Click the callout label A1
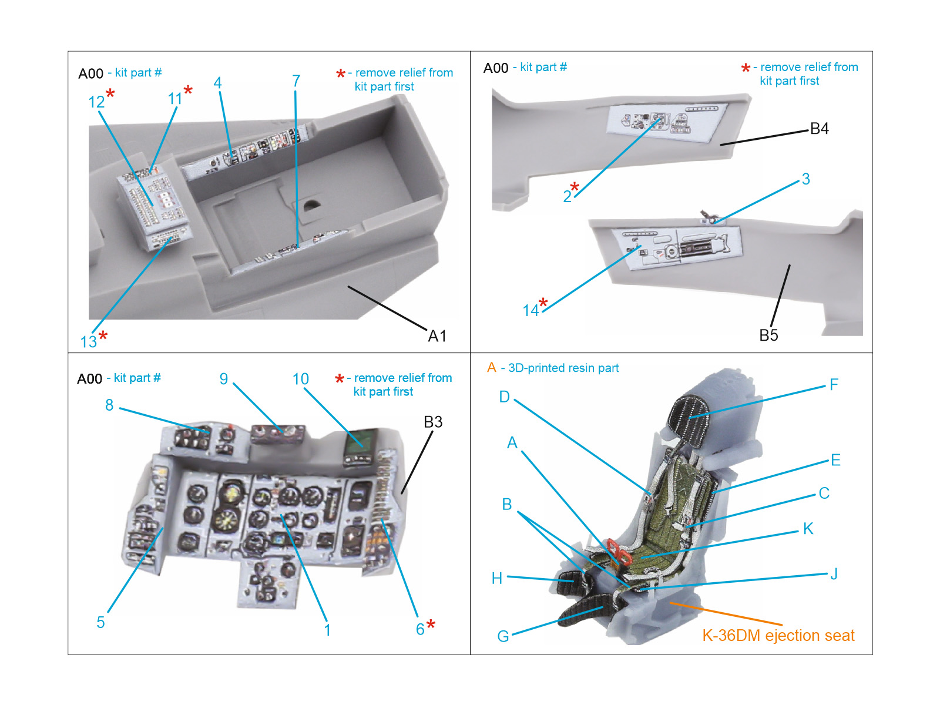[x=437, y=336]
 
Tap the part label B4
[x=819, y=129]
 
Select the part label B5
[x=768, y=335]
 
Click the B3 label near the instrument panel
[x=433, y=422]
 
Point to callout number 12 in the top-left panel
[x=96, y=102]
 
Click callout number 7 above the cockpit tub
[x=296, y=81]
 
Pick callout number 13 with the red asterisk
[x=89, y=341]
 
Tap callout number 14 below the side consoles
[x=531, y=310]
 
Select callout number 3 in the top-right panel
[x=805, y=179]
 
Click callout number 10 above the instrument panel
[x=300, y=379]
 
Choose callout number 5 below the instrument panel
[x=100, y=622]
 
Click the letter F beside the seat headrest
[x=834, y=385]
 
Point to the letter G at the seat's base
[x=503, y=636]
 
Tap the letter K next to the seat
[x=808, y=529]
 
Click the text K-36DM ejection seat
[x=778, y=635]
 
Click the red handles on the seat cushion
[x=617, y=549]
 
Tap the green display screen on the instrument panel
[x=361, y=441]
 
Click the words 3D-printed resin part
[x=563, y=368]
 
